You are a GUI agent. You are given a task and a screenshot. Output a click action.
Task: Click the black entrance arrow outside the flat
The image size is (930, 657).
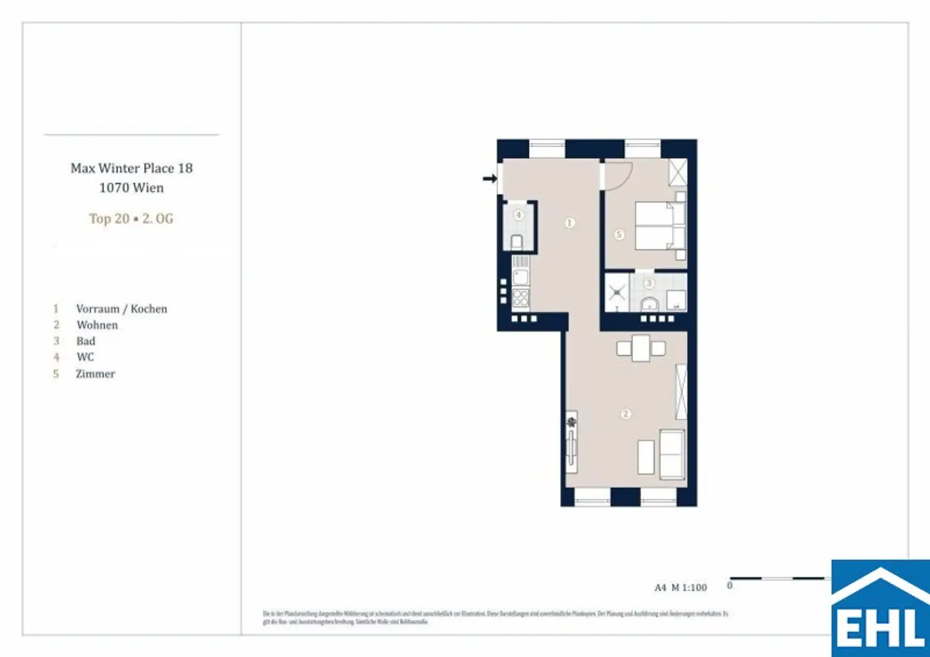(x=489, y=178)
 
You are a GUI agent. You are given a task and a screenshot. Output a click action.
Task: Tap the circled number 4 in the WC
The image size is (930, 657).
(x=518, y=215)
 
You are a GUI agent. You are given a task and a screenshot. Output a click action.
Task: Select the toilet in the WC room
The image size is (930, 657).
(x=517, y=242)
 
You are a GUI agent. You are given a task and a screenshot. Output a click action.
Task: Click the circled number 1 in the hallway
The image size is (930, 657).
(x=569, y=223)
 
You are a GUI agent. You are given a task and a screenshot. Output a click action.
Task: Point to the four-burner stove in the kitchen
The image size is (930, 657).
(x=521, y=299)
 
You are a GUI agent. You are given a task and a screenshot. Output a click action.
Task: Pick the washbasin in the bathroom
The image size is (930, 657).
(x=649, y=303)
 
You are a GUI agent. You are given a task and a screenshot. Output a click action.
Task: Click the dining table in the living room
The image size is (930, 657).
(x=641, y=348)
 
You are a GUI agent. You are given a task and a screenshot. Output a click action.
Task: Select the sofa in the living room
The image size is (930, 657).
(x=671, y=454)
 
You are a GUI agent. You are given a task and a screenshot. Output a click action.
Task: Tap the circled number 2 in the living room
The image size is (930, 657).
(x=625, y=414)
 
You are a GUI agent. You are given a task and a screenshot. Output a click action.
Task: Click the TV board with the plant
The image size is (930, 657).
(x=571, y=443)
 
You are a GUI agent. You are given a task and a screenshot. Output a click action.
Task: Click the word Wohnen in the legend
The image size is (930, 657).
(x=97, y=325)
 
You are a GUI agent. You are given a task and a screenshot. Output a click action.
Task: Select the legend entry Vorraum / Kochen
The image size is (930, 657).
(x=121, y=309)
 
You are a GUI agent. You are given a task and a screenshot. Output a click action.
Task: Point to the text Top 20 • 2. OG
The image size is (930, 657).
(x=131, y=219)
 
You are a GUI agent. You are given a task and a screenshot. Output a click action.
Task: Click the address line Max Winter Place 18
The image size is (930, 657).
(x=131, y=168)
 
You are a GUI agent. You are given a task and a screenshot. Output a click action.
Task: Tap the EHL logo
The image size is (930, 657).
(x=880, y=609)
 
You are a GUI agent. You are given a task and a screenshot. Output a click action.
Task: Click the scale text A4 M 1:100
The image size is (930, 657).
(x=681, y=587)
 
